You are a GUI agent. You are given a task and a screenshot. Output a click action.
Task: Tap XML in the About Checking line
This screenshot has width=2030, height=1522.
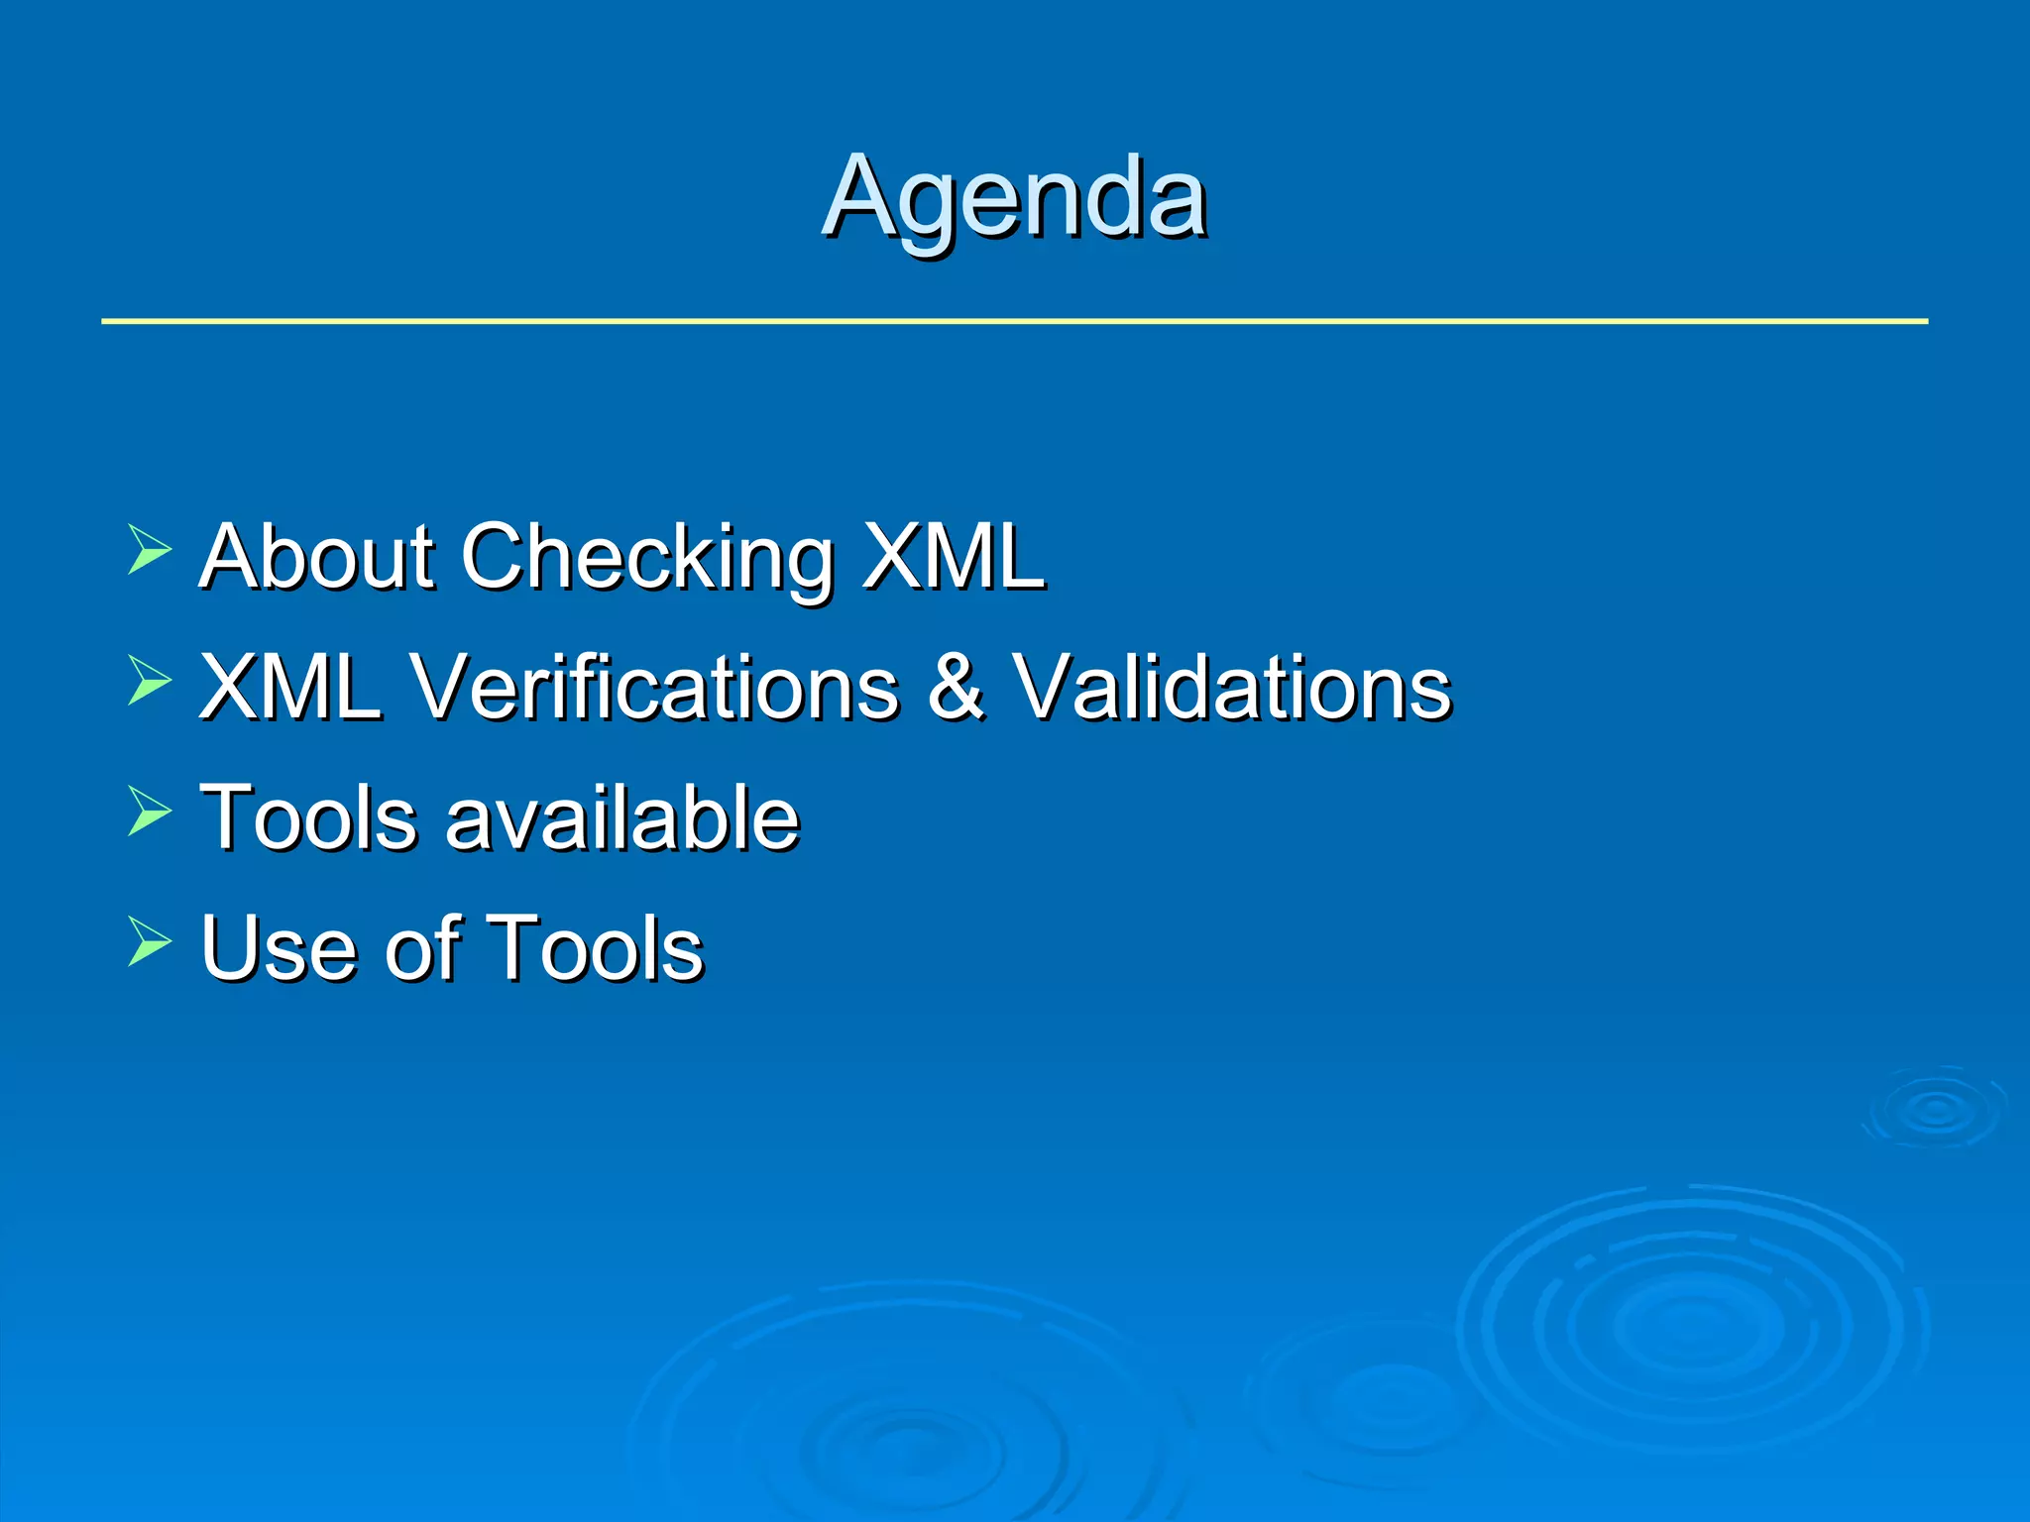[953, 557]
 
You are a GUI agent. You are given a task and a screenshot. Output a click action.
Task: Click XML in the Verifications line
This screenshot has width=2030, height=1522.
[290, 687]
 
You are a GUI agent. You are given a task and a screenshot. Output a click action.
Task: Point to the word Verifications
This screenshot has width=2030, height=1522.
[654, 687]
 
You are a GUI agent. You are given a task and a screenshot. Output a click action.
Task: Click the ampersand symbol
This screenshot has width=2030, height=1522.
[956, 687]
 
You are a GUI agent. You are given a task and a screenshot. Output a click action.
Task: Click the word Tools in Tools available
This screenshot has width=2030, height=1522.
[308, 818]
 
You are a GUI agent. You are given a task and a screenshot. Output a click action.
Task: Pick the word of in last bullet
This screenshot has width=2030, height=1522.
[423, 948]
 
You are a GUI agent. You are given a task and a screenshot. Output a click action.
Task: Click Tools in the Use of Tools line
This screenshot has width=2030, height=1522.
[595, 948]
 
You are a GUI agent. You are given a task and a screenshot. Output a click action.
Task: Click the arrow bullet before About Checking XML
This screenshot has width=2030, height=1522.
[149, 551]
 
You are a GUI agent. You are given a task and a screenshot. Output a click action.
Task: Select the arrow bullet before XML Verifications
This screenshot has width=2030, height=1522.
[149, 681]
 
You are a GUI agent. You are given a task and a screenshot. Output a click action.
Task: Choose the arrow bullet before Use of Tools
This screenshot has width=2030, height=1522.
[149, 941]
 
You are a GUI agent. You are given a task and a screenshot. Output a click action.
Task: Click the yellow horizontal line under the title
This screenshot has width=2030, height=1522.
[1014, 321]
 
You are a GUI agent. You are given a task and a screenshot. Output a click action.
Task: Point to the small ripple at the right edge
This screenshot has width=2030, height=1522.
[1936, 1109]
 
